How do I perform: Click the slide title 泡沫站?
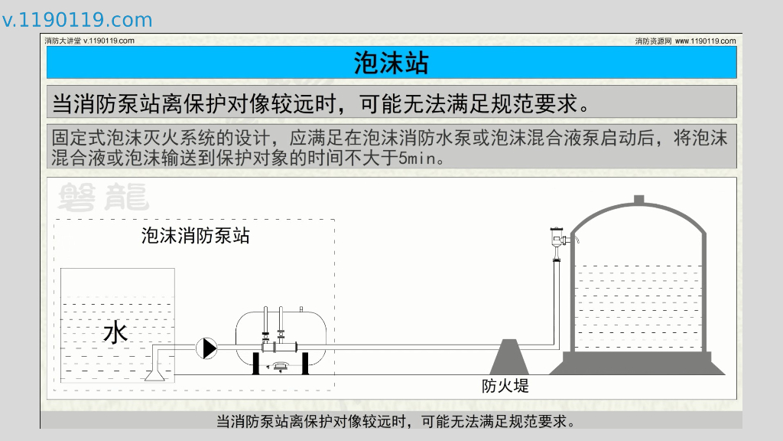pos(391,63)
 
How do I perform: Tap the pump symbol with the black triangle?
pos(206,348)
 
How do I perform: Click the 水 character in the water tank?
pos(115,333)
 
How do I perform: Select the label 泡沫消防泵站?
pos(195,235)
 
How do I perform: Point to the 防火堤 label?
pos(505,386)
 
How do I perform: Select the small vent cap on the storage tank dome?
pos(639,201)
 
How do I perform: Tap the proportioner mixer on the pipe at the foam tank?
pos(274,347)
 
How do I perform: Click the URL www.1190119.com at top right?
pos(705,41)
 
